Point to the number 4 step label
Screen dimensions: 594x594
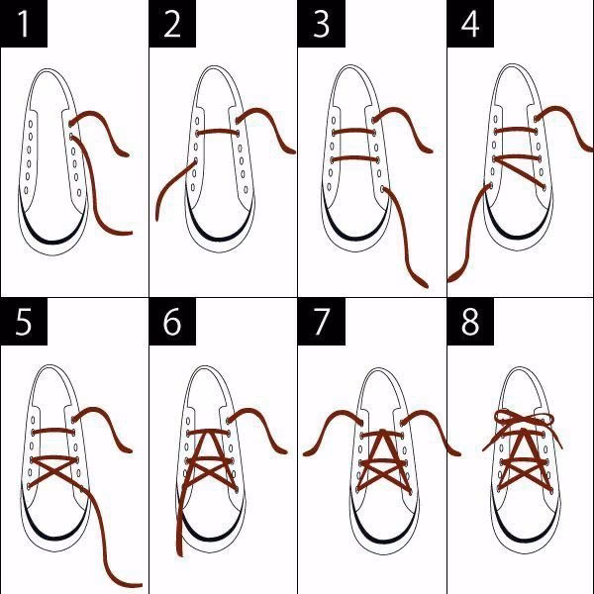[x=470, y=25]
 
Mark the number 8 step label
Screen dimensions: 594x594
[x=470, y=323]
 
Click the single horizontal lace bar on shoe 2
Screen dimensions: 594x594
[x=219, y=131]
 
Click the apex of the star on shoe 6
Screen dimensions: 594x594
[x=210, y=433]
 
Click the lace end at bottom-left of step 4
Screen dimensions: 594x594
[x=453, y=276]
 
